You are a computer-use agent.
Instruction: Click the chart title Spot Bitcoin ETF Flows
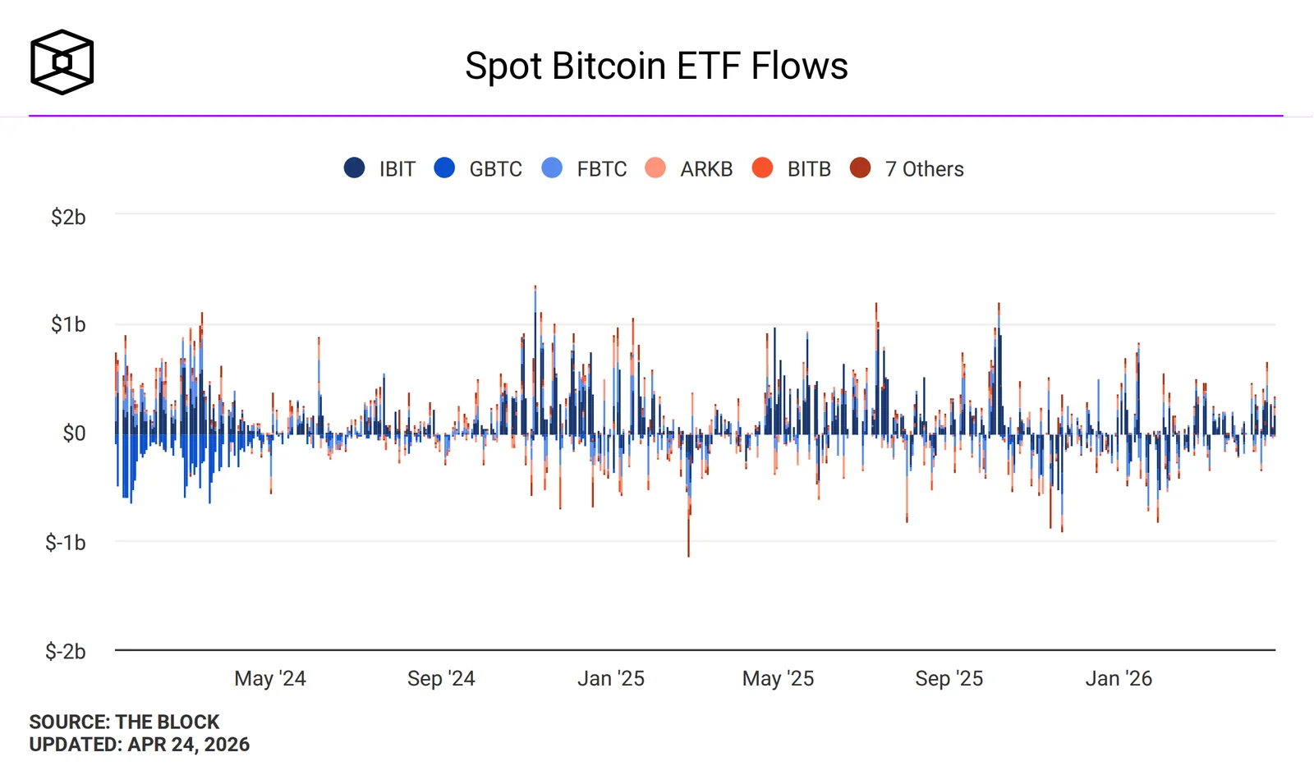tap(656, 66)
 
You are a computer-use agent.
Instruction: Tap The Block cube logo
tap(62, 62)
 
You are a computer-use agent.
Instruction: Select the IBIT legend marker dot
tap(354, 168)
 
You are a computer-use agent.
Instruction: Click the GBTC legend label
tap(495, 169)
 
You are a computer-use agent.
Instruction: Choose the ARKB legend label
tap(705, 169)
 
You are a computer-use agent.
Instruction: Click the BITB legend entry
tap(808, 169)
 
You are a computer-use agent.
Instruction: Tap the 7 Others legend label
tap(924, 169)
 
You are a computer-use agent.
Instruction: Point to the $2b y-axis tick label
tap(68, 217)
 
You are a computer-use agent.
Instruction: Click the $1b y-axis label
tap(68, 324)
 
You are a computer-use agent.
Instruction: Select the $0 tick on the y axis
tap(74, 433)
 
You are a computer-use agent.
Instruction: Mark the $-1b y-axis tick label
tap(66, 542)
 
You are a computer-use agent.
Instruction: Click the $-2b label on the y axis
tap(66, 651)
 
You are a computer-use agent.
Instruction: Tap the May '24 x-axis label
tap(270, 678)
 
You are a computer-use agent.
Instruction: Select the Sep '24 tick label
tap(441, 678)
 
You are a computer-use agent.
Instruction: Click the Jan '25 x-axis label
tap(611, 678)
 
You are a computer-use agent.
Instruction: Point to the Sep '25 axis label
tap(949, 678)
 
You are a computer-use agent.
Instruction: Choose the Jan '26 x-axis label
tap(1119, 678)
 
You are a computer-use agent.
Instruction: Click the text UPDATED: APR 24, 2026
tap(140, 744)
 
